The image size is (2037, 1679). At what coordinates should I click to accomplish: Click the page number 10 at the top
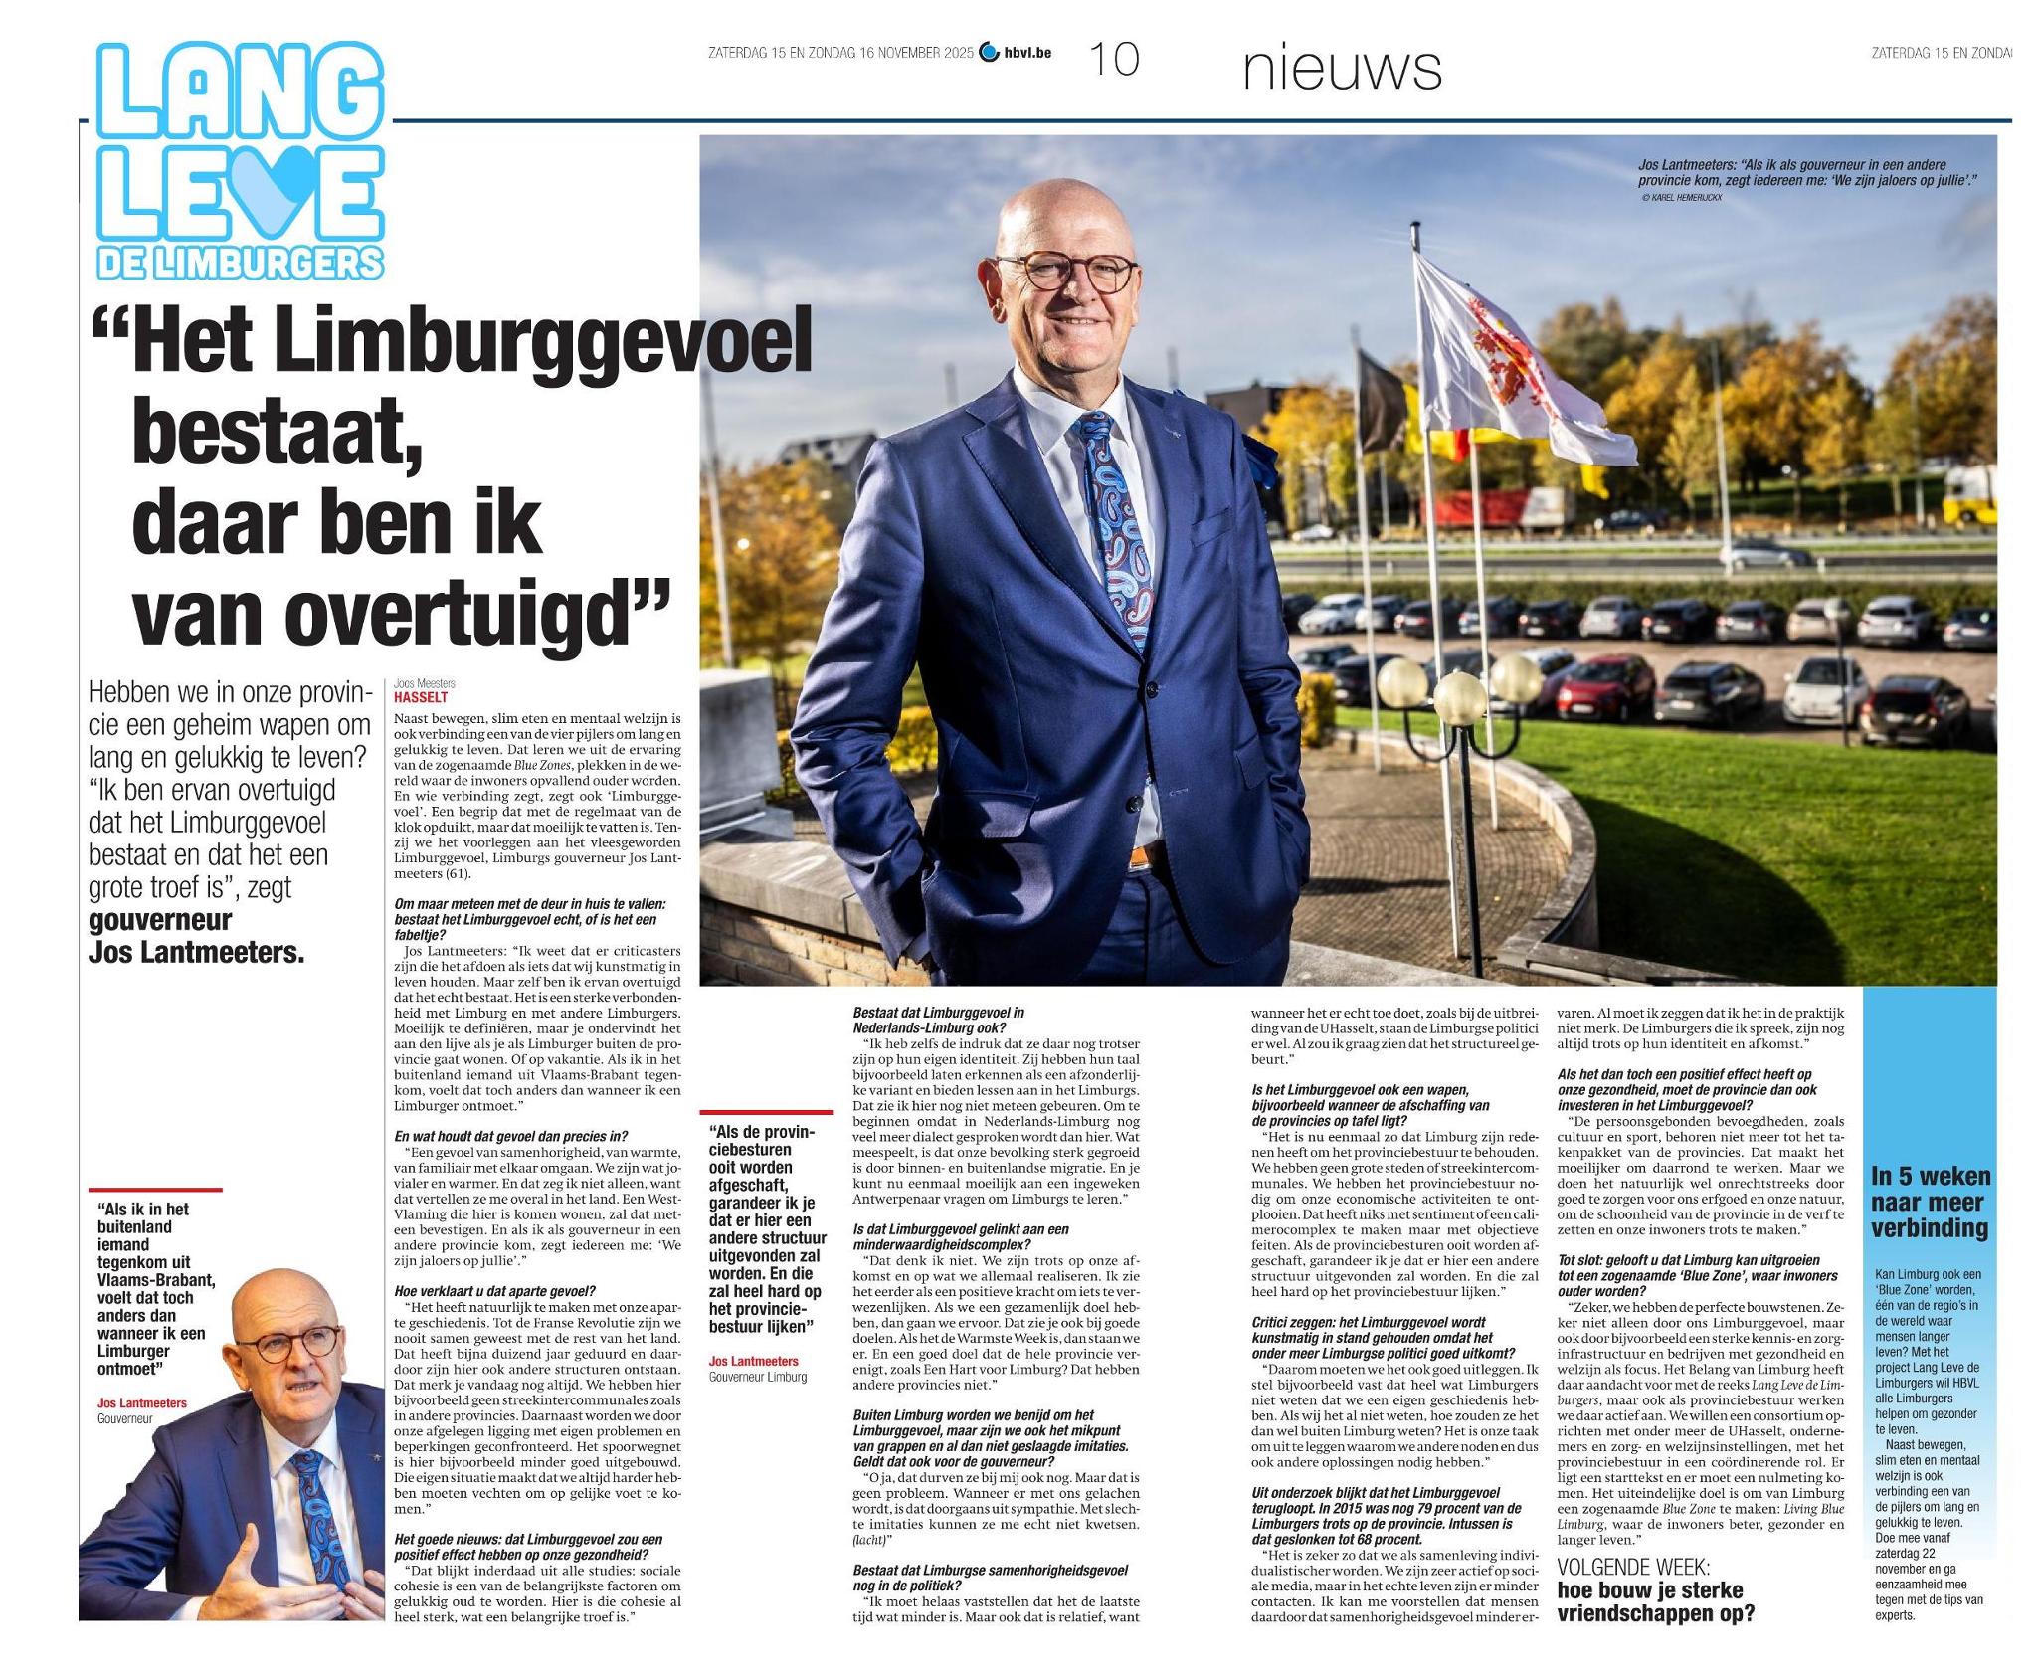pyautogui.click(x=1114, y=59)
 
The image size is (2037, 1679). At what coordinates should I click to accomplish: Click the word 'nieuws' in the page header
pyautogui.click(x=1342, y=68)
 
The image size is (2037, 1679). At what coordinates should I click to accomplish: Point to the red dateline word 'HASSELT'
pyautogui.click(x=421, y=697)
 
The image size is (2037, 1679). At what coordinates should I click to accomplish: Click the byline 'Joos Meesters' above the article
pyautogui.click(x=424, y=683)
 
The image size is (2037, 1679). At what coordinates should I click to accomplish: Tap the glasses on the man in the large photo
pyautogui.click(x=1065, y=272)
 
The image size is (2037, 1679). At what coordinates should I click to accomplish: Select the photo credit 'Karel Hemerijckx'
pyautogui.click(x=1686, y=198)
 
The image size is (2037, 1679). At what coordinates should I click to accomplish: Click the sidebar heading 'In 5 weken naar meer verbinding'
pyautogui.click(x=1929, y=1202)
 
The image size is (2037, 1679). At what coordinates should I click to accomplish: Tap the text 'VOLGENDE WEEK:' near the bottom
pyautogui.click(x=1632, y=1566)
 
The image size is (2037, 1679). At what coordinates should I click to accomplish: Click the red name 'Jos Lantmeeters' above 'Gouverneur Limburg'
pyautogui.click(x=753, y=1361)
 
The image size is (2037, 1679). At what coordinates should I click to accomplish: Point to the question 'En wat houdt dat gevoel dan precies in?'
pyautogui.click(x=510, y=1136)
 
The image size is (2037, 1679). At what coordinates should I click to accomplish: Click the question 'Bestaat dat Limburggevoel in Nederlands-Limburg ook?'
pyautogui.click(x=938, y=1020)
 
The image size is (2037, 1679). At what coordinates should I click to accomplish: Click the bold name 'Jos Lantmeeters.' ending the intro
pyautogui.click(x=196, y=952)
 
